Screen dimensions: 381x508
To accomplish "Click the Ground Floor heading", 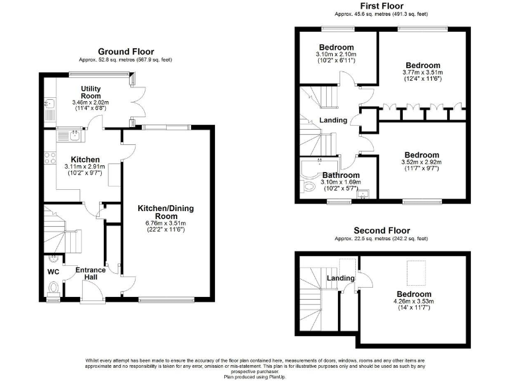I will click(126, 51).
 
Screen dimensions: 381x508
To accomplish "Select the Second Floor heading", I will click(384, 230).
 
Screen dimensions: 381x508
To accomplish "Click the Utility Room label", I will click(91, 92).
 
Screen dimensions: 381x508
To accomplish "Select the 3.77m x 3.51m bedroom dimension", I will click(423, 73).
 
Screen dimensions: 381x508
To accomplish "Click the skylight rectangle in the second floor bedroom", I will click(415, 271).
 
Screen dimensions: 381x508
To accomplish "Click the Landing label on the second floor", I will click(340, 278).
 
